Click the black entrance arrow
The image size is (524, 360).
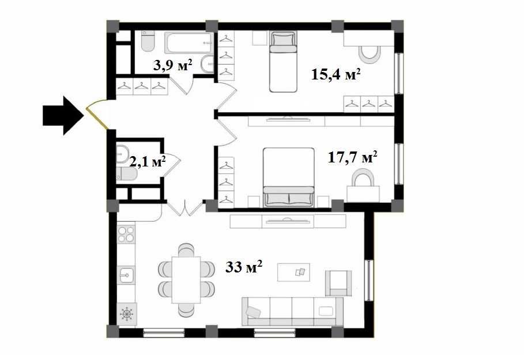pyautogui.click(x=62, y=115)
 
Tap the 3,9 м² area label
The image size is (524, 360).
pyautogui.click(x=172, y=65)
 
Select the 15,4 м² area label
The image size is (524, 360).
pyautogui.click(x=336, y=74)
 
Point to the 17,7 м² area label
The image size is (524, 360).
pyautogui.click(x=353, y=157)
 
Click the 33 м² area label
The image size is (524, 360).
pyautogui.click(x=244, y=267)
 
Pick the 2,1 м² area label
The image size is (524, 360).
pyautogui.click(x=148, y=161)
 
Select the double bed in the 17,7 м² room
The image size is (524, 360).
pyautogui.click(x=289, y=177)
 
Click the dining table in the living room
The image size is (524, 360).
pyautogui.click(x=185, y=280)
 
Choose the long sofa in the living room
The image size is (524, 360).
pyautogui.click(x=292, y=311)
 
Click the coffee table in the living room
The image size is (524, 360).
pyautogui.click(x=293, y=271)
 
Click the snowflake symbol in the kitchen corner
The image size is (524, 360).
pyautogui.click(x=126, y=314)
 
